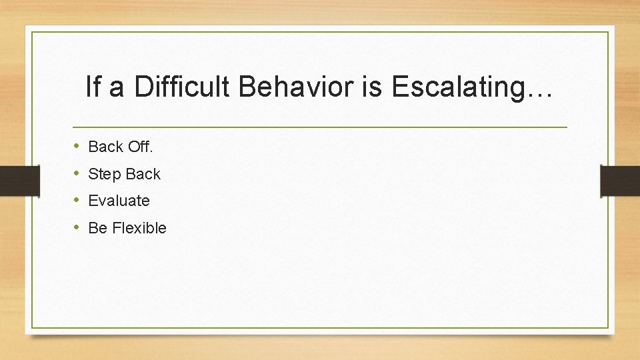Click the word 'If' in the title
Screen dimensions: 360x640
[93, 87]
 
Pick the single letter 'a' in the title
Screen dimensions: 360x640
[117, 89]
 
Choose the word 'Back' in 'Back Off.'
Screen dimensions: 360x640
[105, 146]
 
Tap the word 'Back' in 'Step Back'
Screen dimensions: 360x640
[143, 174]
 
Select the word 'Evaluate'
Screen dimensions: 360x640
[119, 201]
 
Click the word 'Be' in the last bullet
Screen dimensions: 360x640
[97, 228]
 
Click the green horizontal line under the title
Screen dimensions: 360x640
[319, 127]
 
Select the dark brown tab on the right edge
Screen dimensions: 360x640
[620, 180]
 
